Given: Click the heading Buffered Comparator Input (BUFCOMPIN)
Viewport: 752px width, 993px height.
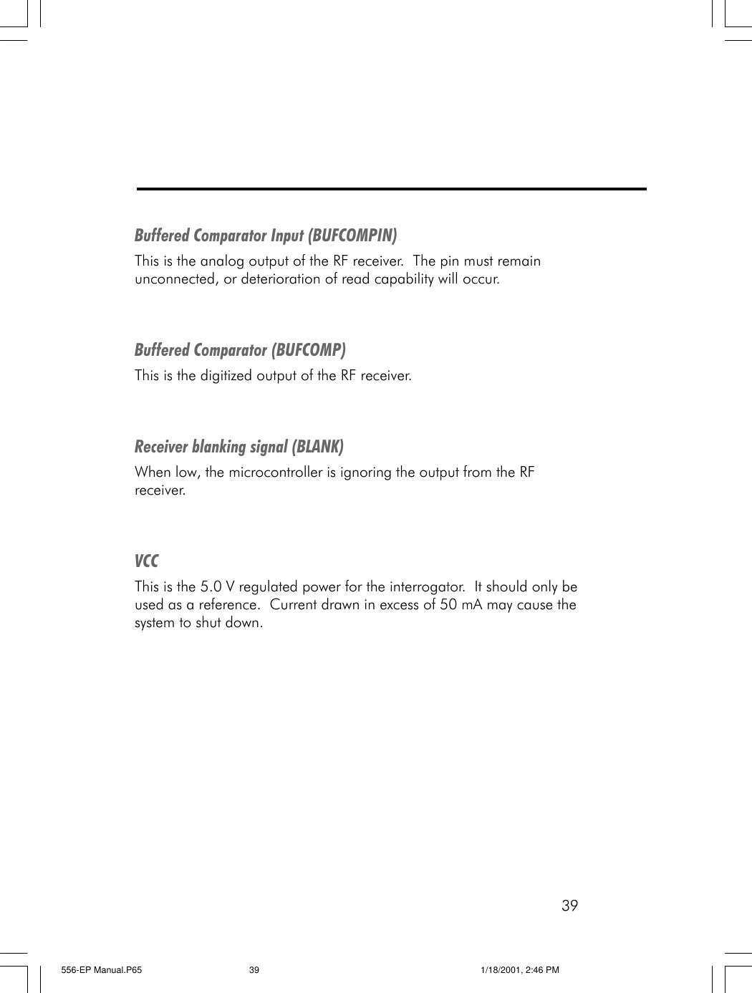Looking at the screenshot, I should [x=266, y=236].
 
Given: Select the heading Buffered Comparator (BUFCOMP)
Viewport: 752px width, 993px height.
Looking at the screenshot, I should [x=240, y=350].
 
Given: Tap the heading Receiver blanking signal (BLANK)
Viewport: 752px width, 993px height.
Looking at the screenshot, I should [x=239, y=447].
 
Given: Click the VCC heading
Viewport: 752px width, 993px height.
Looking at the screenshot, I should [x=147, y=561].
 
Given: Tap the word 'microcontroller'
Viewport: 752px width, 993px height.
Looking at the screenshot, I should [x=276, y=473].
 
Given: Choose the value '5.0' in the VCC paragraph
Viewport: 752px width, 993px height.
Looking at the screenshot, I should [x=211, y=587].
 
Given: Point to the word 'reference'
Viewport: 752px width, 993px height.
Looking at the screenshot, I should [x=228, y=605].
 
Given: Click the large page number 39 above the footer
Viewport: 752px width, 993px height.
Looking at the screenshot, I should [x=569, y=906].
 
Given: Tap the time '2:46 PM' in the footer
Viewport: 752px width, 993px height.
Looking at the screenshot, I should [x=543, y=970].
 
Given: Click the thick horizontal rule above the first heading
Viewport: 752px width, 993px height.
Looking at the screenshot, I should [x=391, y=189].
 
